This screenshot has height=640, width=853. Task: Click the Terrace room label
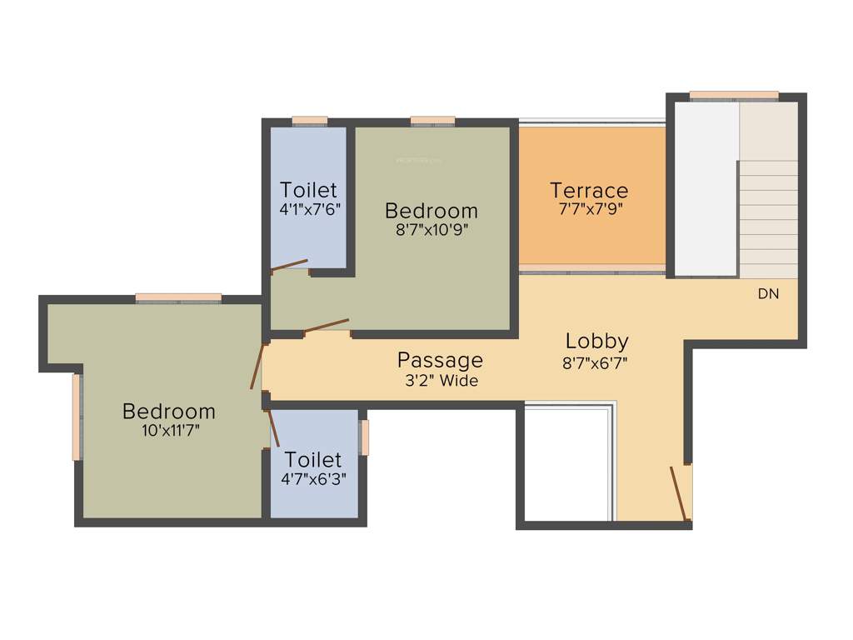[x=589, y=191]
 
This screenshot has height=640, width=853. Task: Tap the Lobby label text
[x=596, y=341]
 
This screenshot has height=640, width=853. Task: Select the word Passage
[x=440, y=360]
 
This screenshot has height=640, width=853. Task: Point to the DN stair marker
[x=768, y=294]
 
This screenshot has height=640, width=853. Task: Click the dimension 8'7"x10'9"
[x=431, y=230]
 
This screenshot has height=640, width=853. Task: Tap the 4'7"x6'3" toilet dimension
[x=314, y=479]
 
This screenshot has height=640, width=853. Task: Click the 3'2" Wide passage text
[x=440, y=381]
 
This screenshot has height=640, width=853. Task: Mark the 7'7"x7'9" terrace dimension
[x=589, y=210]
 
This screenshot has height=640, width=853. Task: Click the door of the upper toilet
[x=289, y=266]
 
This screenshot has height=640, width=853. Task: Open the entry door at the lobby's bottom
[x=680, y=493]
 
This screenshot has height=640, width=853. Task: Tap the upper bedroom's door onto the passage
[x=326, y=326]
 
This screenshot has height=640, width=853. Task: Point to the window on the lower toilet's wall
[x=364, y=437]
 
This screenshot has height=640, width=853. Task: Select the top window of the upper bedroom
[x=433, y=121]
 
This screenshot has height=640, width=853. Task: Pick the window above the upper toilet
[x=309, y=121]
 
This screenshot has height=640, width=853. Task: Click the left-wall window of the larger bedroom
[x=77, y=417]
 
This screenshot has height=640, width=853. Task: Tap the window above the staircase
[x=734, y=95]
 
